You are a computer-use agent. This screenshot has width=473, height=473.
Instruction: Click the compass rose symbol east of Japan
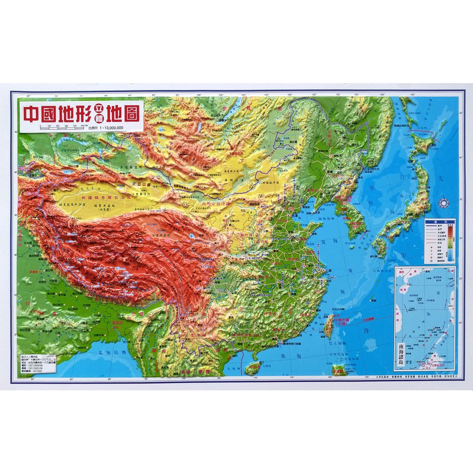point(445,202)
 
